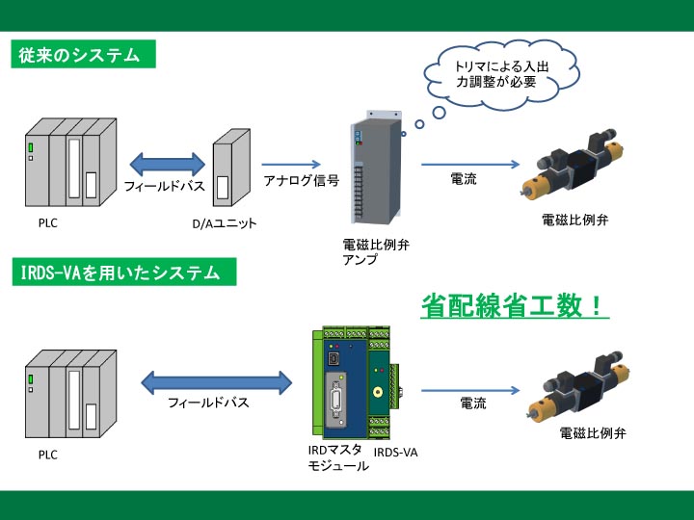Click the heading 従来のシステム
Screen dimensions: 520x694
click(80, 56)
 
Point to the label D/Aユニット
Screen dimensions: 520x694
click(225, 224)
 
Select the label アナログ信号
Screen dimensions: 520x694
click(301, 180)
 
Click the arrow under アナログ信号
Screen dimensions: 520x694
click(290, 164)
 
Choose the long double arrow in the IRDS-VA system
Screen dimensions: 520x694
click(216, 382)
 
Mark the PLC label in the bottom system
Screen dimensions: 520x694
click(47, 455)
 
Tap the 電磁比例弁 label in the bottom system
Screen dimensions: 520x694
click(593, 434)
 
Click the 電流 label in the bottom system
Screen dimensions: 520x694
click(472, 403)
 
